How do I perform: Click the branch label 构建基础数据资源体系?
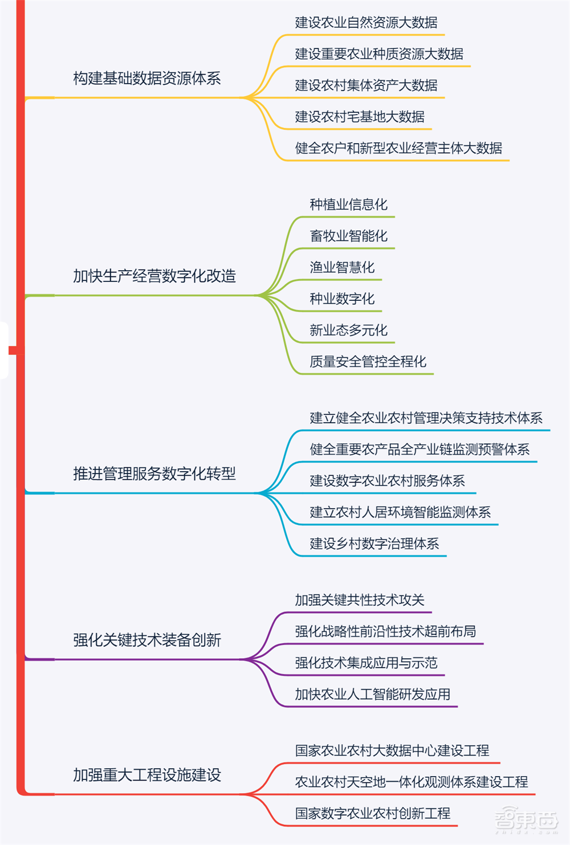(147, 79)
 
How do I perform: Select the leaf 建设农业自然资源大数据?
(366, 23)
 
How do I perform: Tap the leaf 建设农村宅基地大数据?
(360, 117)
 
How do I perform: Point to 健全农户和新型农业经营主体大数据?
(398, 148)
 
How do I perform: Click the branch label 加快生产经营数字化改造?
(154, 276)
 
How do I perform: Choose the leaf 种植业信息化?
(348, 205)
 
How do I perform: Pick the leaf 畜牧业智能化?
(348, 236)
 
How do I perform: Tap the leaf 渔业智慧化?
(342, 267)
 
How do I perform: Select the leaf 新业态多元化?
(348, 330)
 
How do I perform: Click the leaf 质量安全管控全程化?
(368, 361)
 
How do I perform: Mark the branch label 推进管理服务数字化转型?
(154, 473)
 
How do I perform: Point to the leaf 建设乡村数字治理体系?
(374, 544)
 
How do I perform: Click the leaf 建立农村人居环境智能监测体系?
(400, 512)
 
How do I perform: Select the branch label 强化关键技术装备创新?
(147, 640)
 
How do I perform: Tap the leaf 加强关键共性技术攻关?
(360, 600)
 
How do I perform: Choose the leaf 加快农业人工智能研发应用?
(373, 694)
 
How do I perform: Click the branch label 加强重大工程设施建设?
(147, 775)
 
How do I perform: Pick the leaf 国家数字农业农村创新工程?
(373, 813)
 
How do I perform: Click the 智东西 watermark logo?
(525, 820)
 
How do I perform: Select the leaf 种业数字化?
(342, 299)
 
